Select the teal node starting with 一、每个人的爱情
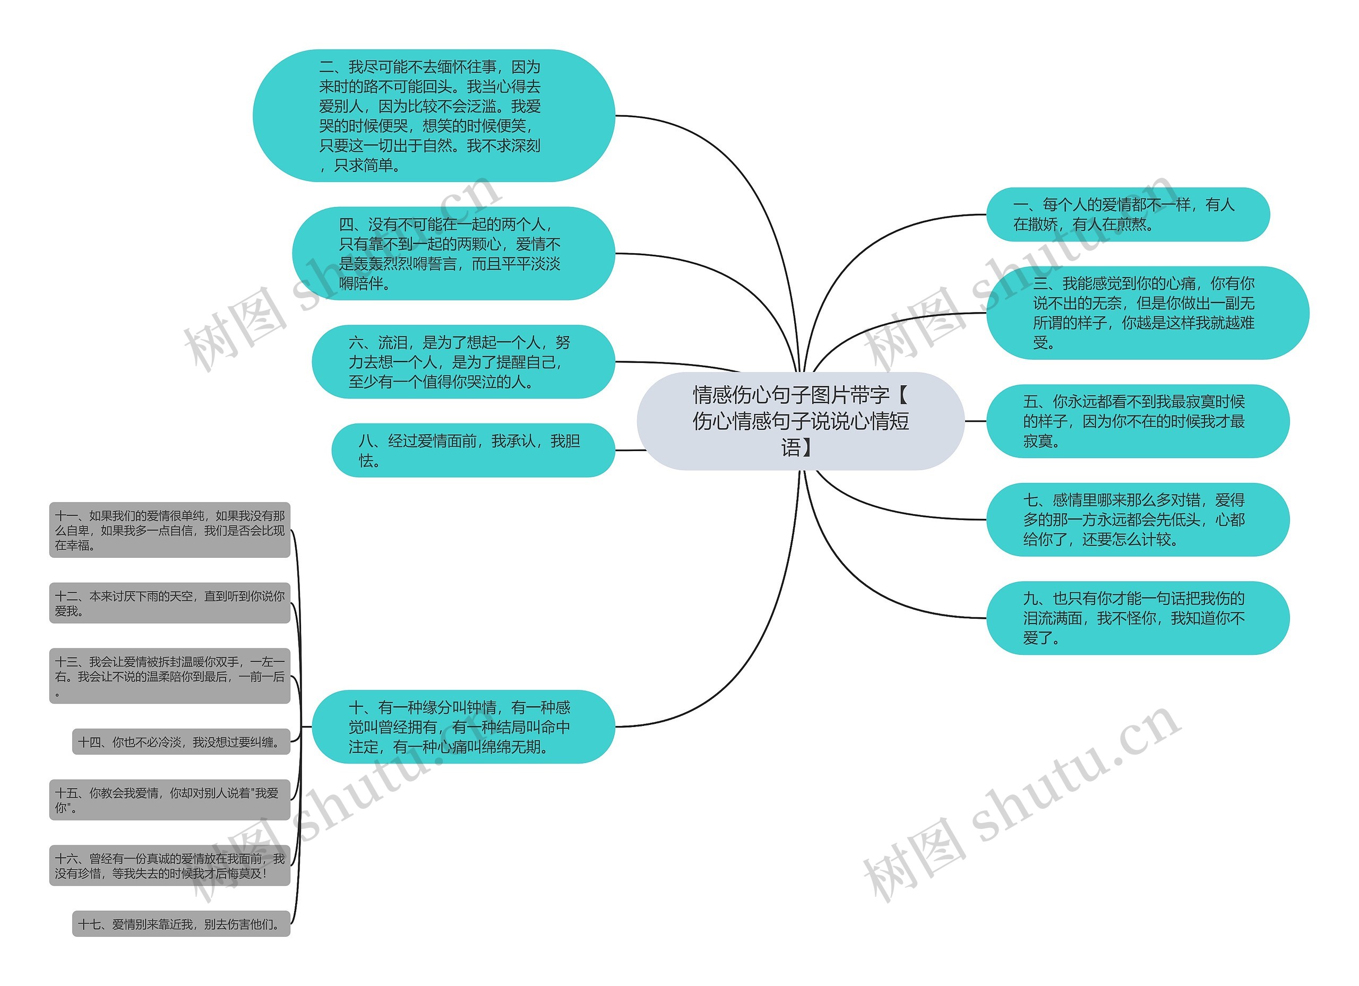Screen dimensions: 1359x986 click(x=1127, y=214)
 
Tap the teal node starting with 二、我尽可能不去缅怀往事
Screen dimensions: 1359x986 click(x=433, y=116)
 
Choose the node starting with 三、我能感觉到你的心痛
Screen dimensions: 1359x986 click(x=1147, y=313)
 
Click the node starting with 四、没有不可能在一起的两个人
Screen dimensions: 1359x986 click(x=453, y=253)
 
